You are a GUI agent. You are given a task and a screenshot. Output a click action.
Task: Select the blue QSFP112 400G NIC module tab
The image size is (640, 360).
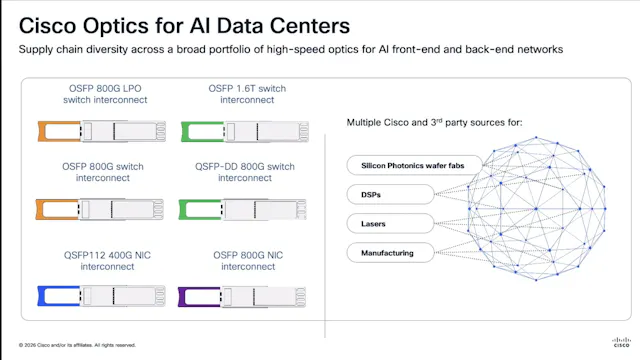pyautogui.click(x=50, y=294)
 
